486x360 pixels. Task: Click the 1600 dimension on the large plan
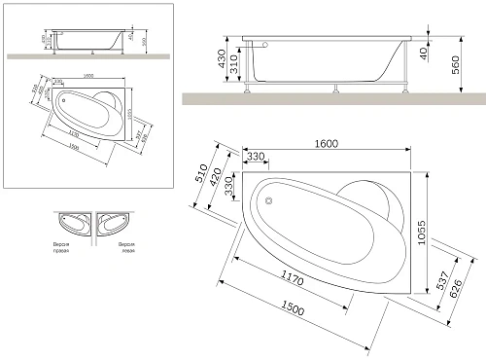pos(326,145)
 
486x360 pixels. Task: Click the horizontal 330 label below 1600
pos(256,156)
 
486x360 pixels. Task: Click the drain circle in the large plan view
pos(269,201)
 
